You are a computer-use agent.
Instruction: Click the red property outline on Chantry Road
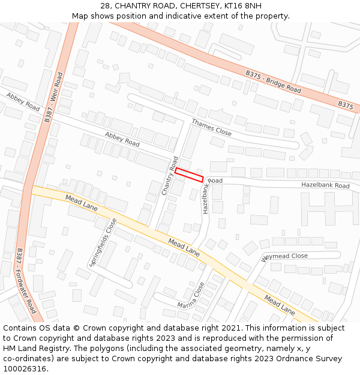[189, 175]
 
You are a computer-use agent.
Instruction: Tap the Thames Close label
[211, 127]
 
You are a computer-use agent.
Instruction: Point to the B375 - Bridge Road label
[273, 81]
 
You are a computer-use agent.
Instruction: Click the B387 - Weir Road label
[54, 98]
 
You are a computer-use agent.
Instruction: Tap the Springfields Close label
[103, 242]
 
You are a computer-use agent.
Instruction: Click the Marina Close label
[191, 296]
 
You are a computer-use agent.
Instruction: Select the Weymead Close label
[284, 257]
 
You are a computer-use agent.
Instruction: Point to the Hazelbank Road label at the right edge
[325, 185]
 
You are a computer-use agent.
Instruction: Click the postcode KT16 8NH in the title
[242, 5]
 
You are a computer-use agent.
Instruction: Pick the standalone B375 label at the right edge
[345, 104]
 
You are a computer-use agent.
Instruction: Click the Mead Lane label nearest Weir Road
[82, 202]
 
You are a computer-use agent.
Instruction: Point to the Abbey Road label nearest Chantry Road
[122, 139]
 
